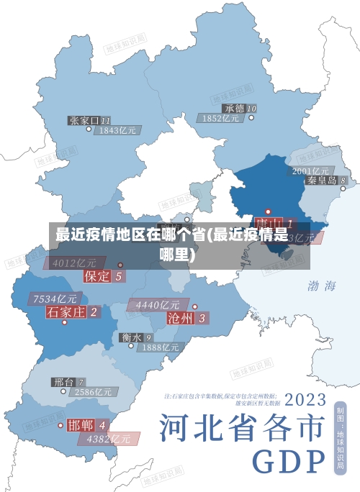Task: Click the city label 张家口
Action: tap(84, 120)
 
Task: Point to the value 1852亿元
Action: tap(221, 118)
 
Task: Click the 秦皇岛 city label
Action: tap(322, 180)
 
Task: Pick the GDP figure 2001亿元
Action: tap(310, 170)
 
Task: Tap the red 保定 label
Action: tap(97, 275)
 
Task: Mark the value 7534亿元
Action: tap(55, 299)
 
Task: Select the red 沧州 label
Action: tap(180, 317)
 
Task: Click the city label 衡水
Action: tap(130, 337)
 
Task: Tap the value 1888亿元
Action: tap(160, 347)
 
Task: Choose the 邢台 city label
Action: tap(63, 382)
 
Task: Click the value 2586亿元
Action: tap(94, 392)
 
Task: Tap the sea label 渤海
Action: tap(322, 286)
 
